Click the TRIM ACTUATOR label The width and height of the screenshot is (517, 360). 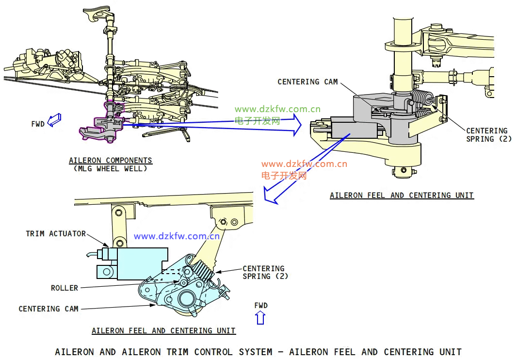55,234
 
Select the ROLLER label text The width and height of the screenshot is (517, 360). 65,288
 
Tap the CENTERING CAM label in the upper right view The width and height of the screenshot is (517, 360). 307,82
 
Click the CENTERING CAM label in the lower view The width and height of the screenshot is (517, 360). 48,309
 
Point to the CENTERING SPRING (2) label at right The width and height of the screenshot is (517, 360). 486,135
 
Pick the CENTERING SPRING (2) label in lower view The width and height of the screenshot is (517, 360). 263,272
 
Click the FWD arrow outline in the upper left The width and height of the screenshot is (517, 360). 55,119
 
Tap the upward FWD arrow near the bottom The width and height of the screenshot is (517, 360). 260,318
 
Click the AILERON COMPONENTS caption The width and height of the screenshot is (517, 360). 110,161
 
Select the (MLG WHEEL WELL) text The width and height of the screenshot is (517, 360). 111,169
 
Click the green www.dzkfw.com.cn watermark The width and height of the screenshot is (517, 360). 277,110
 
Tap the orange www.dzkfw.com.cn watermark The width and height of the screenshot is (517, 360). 304,164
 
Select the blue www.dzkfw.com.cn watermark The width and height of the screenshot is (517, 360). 177,237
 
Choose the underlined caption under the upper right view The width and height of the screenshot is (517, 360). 402,196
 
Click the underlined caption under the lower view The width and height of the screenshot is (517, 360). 163,331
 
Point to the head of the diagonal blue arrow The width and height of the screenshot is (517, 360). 268,196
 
